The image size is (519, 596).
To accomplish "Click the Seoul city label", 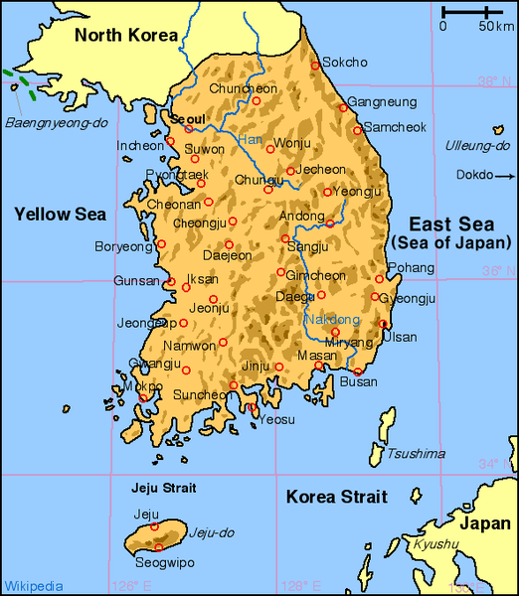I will (188, 119).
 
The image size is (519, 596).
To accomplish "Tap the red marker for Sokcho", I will (316, 66).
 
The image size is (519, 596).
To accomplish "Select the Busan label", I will (359, 381).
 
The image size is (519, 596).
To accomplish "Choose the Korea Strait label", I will (336, 497).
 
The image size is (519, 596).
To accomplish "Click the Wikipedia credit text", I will (34, 585).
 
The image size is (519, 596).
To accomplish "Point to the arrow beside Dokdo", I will (504, 176).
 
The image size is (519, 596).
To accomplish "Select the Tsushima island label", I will (416, 454).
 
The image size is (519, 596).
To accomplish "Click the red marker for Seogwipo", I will (158, 547).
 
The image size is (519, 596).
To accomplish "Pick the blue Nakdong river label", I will (332, 320).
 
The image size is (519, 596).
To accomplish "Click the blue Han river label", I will (251, 139).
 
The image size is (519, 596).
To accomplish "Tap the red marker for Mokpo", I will (143, 398).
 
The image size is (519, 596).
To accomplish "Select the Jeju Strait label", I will (164, 488).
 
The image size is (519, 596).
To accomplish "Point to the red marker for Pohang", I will (379, 279).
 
